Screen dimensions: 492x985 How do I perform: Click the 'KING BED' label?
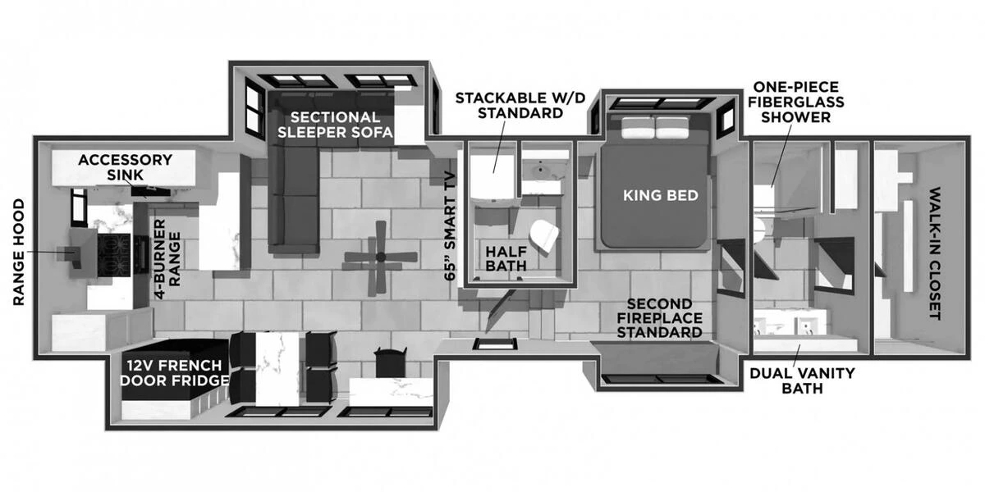click(660, 195)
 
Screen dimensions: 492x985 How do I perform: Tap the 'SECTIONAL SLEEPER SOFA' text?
click(335, 125)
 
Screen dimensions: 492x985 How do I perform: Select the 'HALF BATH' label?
click(505, 257)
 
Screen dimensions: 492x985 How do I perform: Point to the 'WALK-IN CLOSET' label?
click(933, 254)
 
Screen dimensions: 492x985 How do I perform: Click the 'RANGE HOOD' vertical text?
click(20, 253)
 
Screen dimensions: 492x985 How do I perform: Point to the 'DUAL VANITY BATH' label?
click(802, 380)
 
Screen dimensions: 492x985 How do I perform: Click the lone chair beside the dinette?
click(389, 361)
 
